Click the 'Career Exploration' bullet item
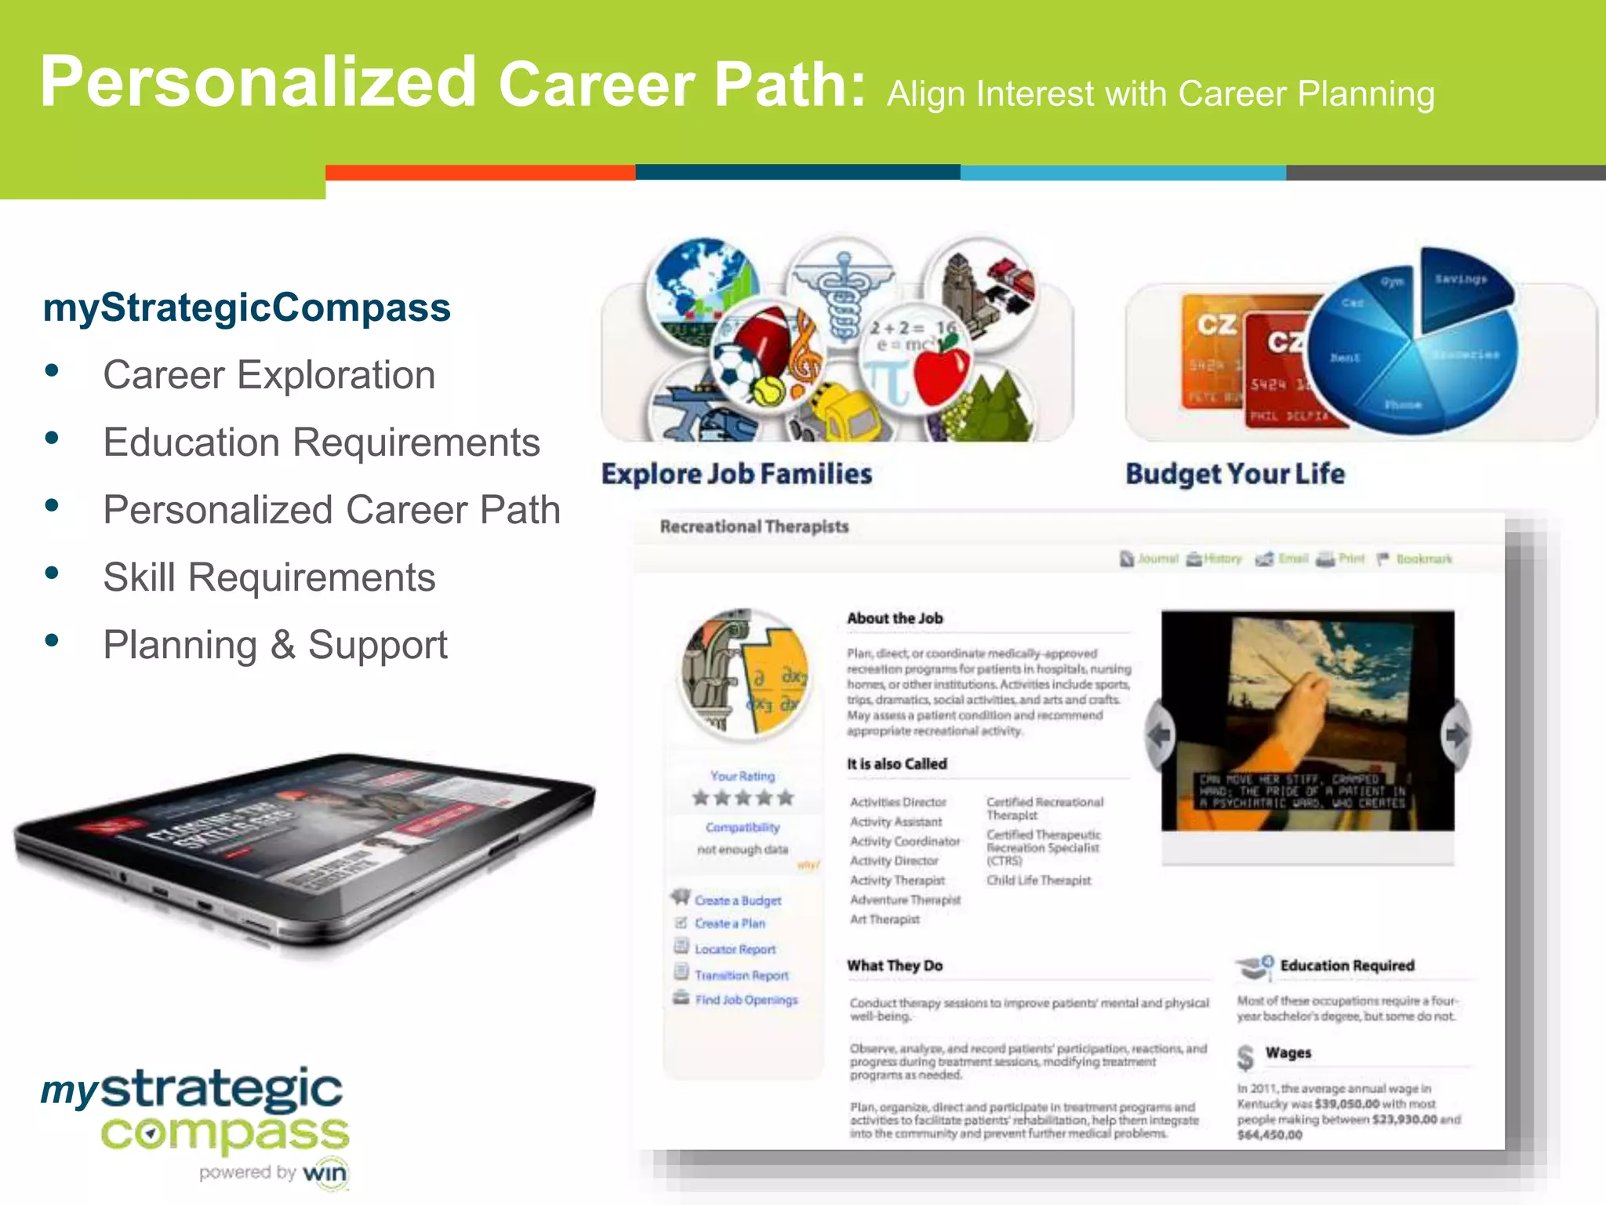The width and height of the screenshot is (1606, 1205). pyautogui.click(x=269, y=375)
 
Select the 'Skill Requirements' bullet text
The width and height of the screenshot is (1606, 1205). pyautogui.click(x=269, y=577)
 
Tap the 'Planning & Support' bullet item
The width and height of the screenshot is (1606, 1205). pyautogui.click(x=274, y=645)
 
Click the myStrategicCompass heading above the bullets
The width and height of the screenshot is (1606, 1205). pyautogui.click(x=247, y=308)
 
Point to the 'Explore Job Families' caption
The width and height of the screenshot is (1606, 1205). pyautogui.click(x=736, y=474)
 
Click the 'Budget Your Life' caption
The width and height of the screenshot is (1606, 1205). pyautogui.click(x=1235, y=474)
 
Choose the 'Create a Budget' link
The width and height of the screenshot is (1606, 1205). pyautogui.click(x=737, y=901)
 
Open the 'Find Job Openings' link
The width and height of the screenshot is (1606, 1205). pyautogui.click(x=746, y=999)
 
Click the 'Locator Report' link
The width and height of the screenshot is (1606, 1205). pyautogui.click(x=735, y=949)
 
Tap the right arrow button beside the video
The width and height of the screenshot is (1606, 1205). pyautogui.click(x=1455, y=735)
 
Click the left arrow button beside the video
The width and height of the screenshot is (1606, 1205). pyautogui.click(x=1159, y=735)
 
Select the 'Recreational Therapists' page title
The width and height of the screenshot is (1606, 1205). pyautogui.click(x=754, y=526)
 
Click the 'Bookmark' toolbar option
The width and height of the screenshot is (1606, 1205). pyautogui.click(x=1423, y=559)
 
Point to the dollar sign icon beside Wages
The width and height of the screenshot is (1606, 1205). pyautogui.click(x=1245, y=1057)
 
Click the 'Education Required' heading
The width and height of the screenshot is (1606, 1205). pyautogui.click(x=1346, y=966)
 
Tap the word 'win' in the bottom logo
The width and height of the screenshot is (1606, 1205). pyautogui.click(x=325, y=1174)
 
